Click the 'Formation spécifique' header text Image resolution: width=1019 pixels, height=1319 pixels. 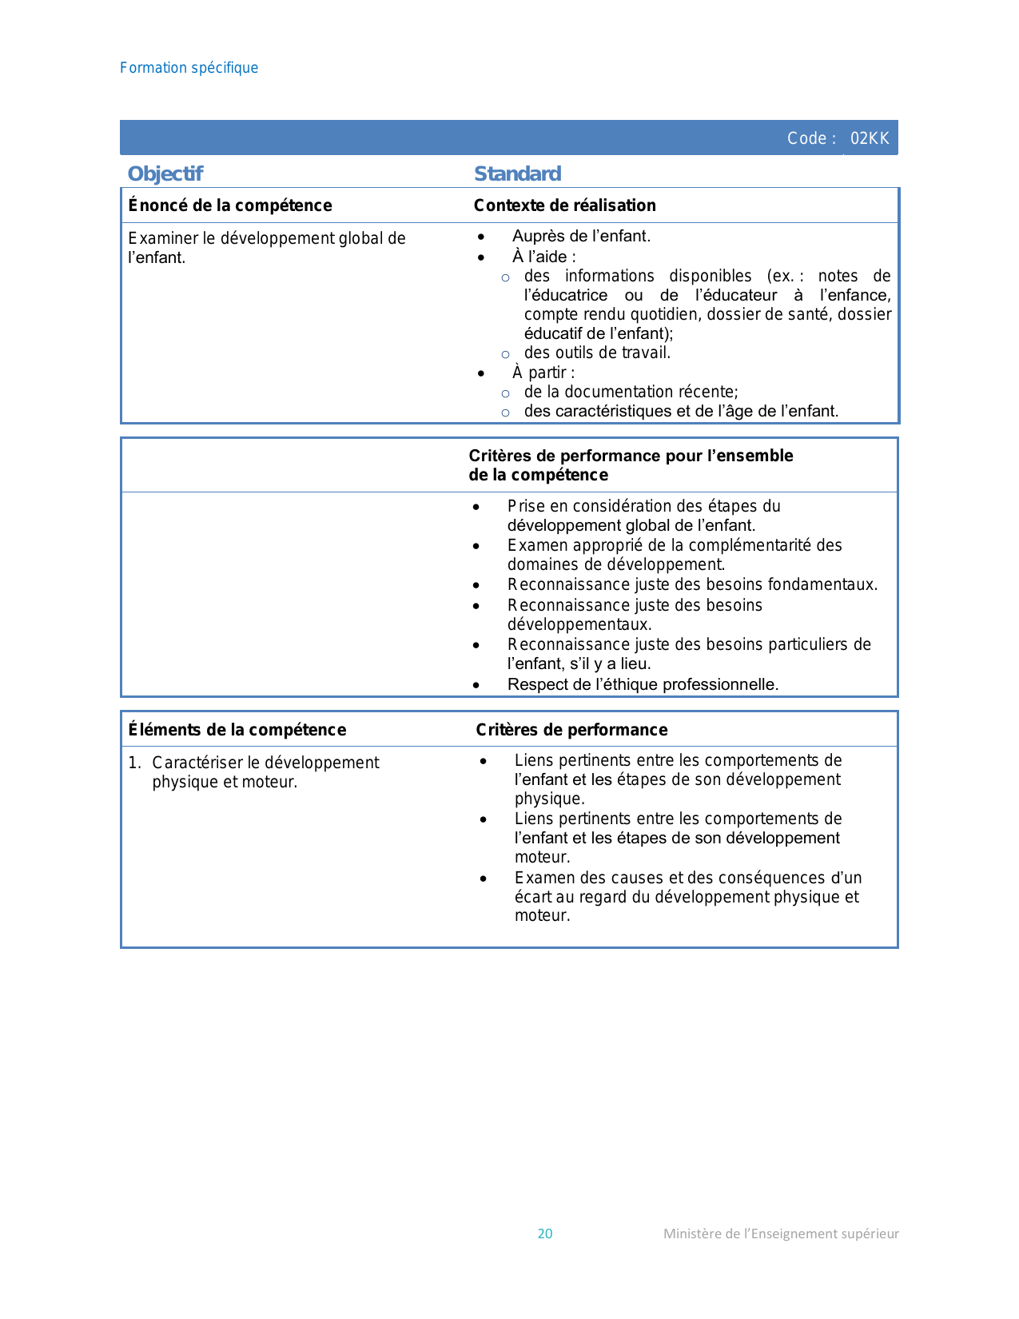coord(189,68)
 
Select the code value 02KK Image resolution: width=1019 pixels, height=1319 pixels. coord(870,138)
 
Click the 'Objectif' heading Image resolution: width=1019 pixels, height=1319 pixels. coord(165,173)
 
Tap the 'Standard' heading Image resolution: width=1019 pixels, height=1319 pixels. coord(517,173)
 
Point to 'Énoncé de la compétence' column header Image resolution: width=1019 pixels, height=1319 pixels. coord(230,205)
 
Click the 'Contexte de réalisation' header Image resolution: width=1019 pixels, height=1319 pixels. coord(564,205)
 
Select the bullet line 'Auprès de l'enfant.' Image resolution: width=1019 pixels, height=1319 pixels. coord(581,236)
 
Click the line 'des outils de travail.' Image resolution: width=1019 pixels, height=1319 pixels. coord(597,353)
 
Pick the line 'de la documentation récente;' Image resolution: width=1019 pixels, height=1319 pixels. coord(631,392)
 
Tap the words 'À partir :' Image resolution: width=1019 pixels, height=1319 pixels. coord(543,373)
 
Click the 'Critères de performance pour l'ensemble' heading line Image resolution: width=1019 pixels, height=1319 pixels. coord(631,456)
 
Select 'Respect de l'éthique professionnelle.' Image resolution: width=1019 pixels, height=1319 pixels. coord(643,684)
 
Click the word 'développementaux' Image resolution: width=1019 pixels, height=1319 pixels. coord(579,624)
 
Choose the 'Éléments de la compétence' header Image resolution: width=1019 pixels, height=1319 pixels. coord(237,730)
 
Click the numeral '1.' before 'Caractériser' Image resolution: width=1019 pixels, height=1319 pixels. coord(134,763)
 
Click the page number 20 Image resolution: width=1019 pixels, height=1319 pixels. coord(545,1233)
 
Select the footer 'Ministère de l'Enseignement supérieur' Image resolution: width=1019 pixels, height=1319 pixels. coord(781,1233)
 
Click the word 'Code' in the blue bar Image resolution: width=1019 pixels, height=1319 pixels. coord(806,138)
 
